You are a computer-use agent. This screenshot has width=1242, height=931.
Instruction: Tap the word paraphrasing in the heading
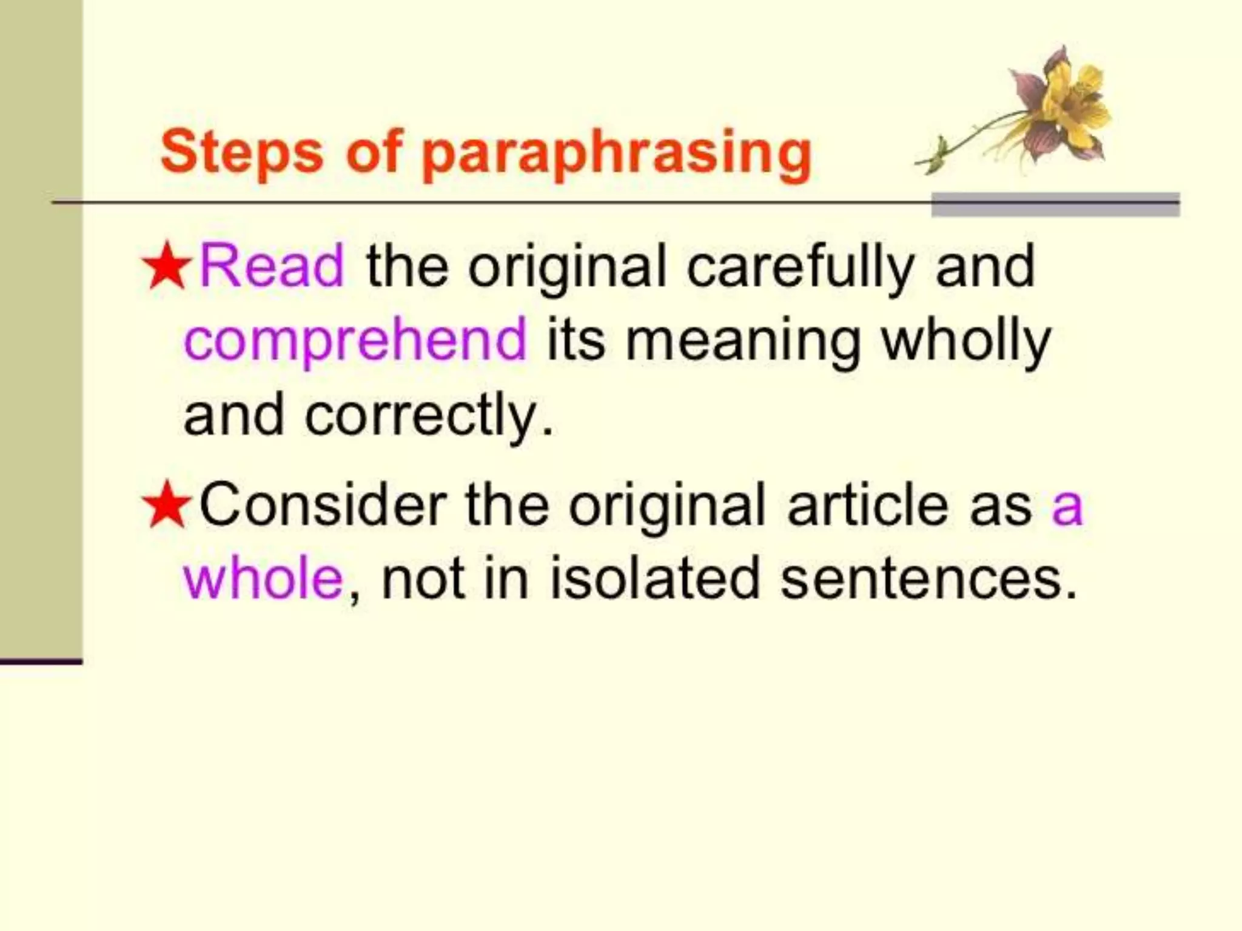616,155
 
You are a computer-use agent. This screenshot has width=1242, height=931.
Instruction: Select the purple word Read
272,266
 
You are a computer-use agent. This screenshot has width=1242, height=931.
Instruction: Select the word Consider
323,505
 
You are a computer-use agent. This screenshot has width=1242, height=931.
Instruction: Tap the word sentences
921,579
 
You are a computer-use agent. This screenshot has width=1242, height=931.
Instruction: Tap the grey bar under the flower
1055,205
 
